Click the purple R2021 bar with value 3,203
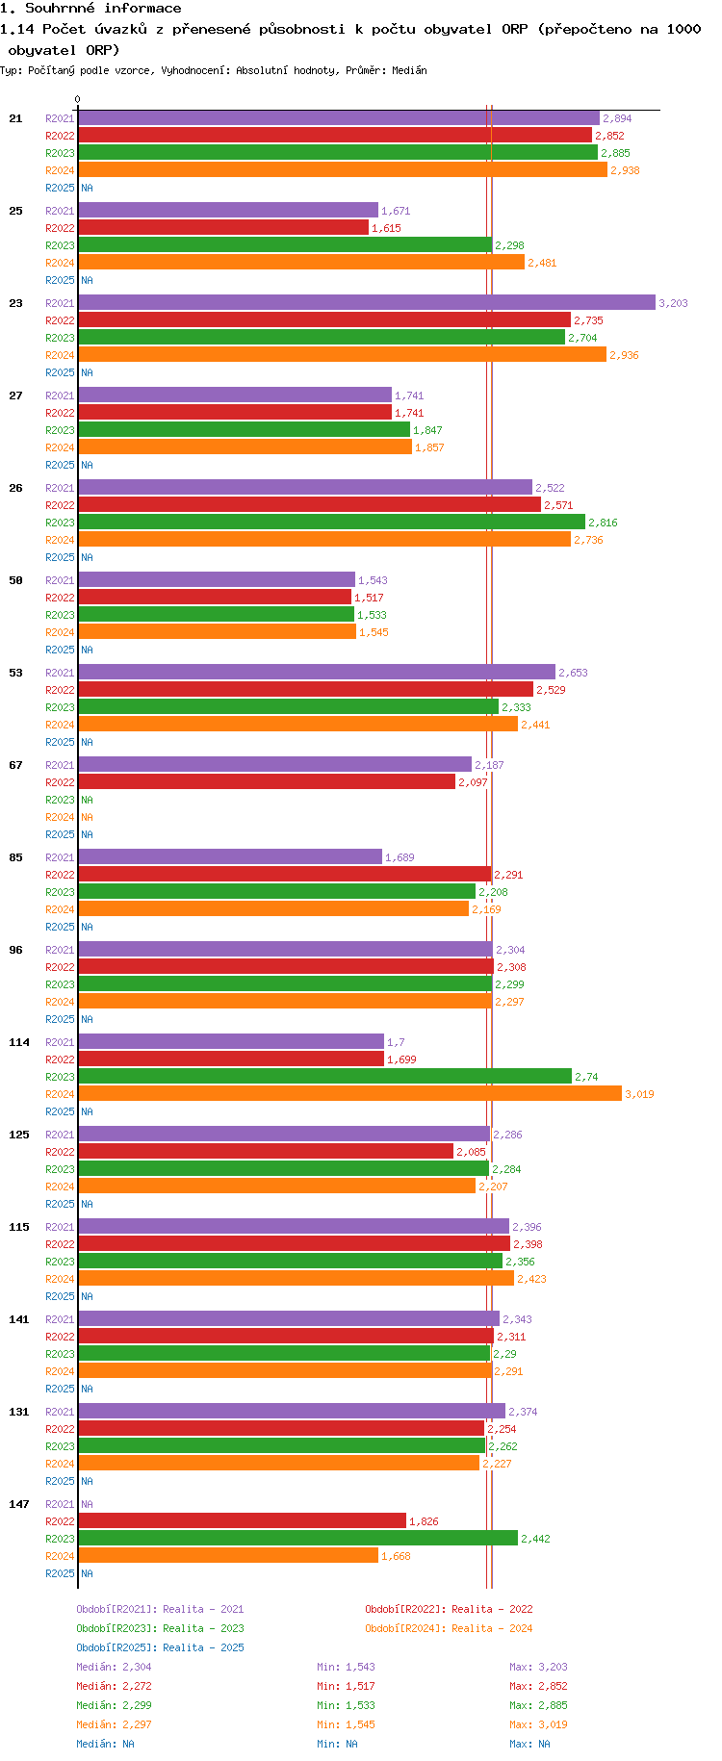click(x=366, y=303)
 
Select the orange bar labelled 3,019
click(x=349, y=1094)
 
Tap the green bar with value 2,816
click(x=331, y=523)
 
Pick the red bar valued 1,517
click(x=215, y=598)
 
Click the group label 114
click(x=19, y=1042)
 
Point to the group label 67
click(x=15, y=765)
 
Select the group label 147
click(x=19, y=1504)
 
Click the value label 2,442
click(x=535, y=1539)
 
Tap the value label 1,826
click(x=424, y=1521)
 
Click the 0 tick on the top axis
click(x=78, y=99)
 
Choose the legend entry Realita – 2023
click(x=160, y=1628)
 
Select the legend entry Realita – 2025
click(x=160, y=1647)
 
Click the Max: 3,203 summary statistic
click(x=538, y=1667)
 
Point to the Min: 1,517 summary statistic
click(x=346, y=1686)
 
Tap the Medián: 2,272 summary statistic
click(x=114, y=1686)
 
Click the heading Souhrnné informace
click(x=103, y=9)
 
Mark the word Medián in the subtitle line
click(x=409, y=70)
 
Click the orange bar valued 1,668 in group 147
click(x=228, y=1556)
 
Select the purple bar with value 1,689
click(x=230, y=857)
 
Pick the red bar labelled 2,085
click(x=266, y=1152)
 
